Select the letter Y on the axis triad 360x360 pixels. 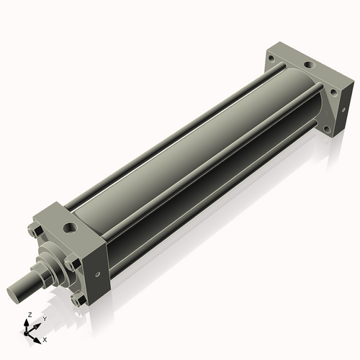point(44,318)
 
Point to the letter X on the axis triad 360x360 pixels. point(45,338)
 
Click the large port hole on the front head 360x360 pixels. point(71,229)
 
